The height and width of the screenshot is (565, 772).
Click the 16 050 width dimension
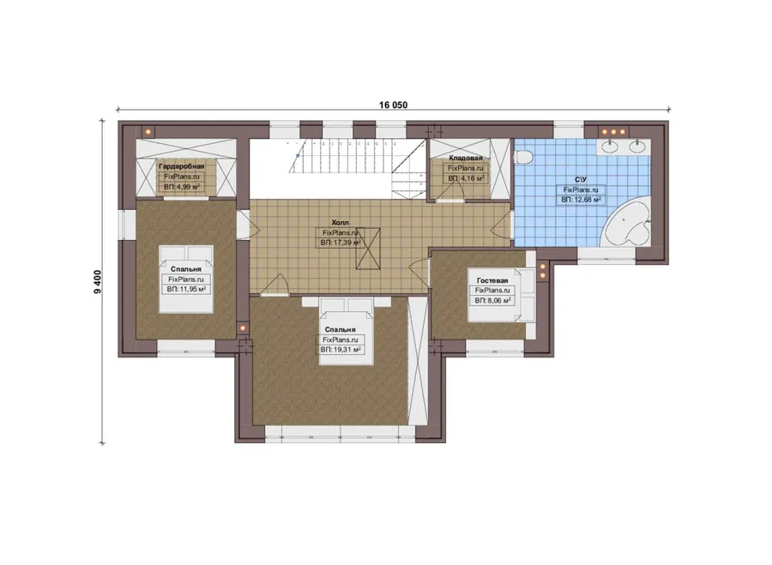(393, 105)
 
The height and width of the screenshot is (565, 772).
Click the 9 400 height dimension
(97, 281)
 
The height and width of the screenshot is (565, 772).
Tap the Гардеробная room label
(181, 166)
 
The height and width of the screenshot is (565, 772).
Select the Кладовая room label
(466, 158)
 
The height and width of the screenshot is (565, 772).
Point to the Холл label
(341, 223)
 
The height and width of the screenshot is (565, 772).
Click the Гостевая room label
(492, 280)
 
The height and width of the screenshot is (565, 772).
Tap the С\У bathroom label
(581, 180)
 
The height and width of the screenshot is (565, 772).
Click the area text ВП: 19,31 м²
(341, 350)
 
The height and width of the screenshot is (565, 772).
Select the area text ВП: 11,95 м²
(186, 290)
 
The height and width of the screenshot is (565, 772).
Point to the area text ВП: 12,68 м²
(581, 200)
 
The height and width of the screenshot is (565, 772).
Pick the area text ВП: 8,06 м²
(492, 300)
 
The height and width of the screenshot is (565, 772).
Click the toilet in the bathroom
(523, 157)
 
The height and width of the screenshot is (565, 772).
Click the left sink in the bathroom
(611, 146)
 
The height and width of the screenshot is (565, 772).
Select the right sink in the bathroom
(637, 146)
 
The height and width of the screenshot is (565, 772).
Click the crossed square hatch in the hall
(368, 249)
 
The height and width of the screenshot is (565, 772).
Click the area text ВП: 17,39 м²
(341, 243)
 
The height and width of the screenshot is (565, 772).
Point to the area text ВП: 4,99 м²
(182, 187)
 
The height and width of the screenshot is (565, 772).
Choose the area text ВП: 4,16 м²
(466, 178)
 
